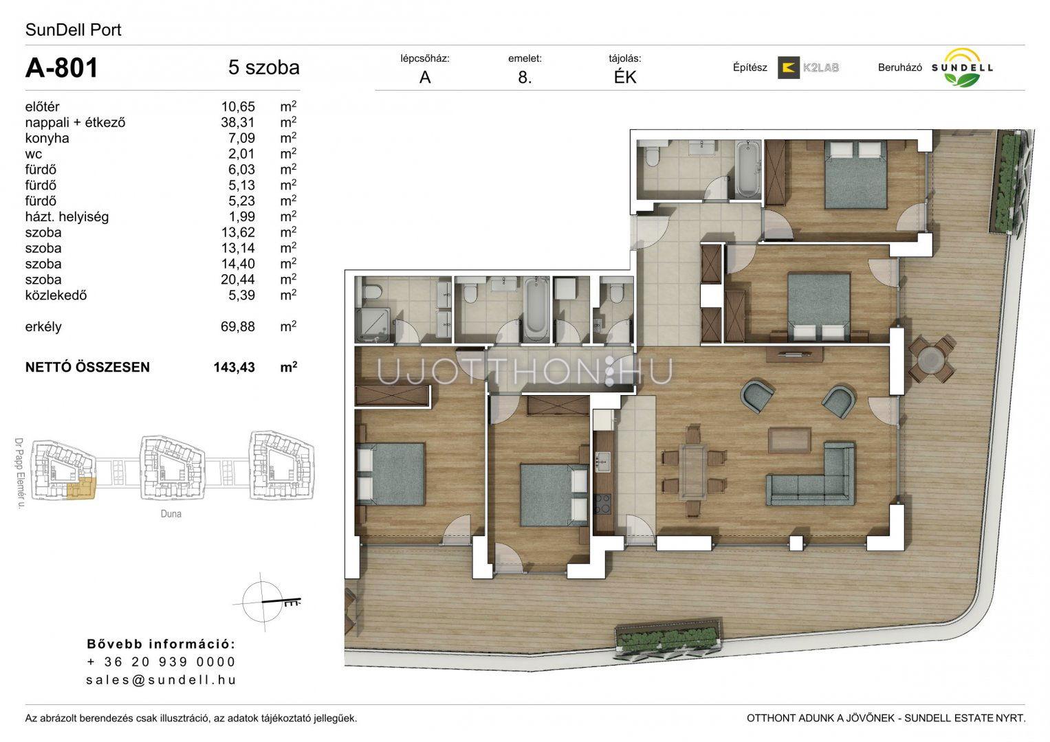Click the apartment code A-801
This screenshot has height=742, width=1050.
(x=61, y=67)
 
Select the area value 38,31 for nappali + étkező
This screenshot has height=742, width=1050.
(x=238, y=123)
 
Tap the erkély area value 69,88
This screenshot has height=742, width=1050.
(x=238, y=326)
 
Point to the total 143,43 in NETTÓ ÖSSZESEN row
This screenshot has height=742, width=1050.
(x=234, y=368)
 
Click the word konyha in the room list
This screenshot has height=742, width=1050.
(x=47, y=138)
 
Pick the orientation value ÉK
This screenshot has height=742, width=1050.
(x=625, y=77)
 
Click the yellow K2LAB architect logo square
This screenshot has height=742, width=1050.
(x=789, y=67)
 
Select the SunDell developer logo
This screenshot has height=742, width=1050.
(x=962, y=67)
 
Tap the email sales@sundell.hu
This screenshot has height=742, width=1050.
(x=162, y=679)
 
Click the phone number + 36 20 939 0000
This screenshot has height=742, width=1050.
(x=162, y=662)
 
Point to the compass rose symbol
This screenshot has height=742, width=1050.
(x=264, y=601)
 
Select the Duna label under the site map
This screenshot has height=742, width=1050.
(x=171, y=514)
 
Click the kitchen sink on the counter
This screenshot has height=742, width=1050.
(x=602, y=462)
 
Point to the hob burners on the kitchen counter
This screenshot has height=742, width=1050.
(x=602, y=505)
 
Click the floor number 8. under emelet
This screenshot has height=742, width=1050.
(x=525, y=77)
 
